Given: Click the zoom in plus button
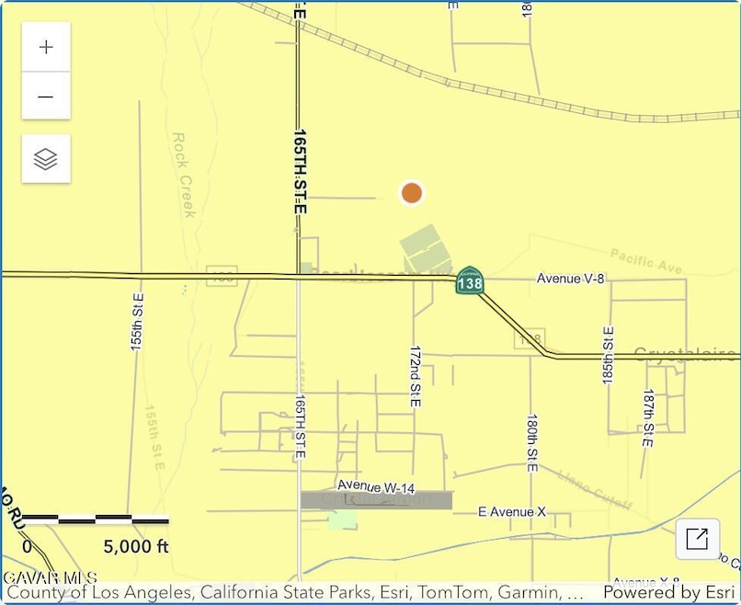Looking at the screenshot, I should point(46,48).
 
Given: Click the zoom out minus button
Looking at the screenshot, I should point(46,97).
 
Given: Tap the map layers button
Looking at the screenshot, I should point(46,159).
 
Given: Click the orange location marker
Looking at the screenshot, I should point(412,193).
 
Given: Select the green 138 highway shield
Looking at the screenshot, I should point(469,280).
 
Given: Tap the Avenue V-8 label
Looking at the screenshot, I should point(571,279).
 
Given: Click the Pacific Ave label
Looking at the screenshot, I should point(645,260).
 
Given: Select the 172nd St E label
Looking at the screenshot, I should point(415,377).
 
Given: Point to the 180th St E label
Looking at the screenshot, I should point(532,442).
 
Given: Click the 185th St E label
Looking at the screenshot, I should point(608,354).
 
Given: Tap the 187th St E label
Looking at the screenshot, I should point(648,417).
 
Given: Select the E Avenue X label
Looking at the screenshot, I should point(513,511).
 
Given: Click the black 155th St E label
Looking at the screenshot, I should point(137,322).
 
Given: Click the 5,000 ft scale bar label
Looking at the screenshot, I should point(136,547).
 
